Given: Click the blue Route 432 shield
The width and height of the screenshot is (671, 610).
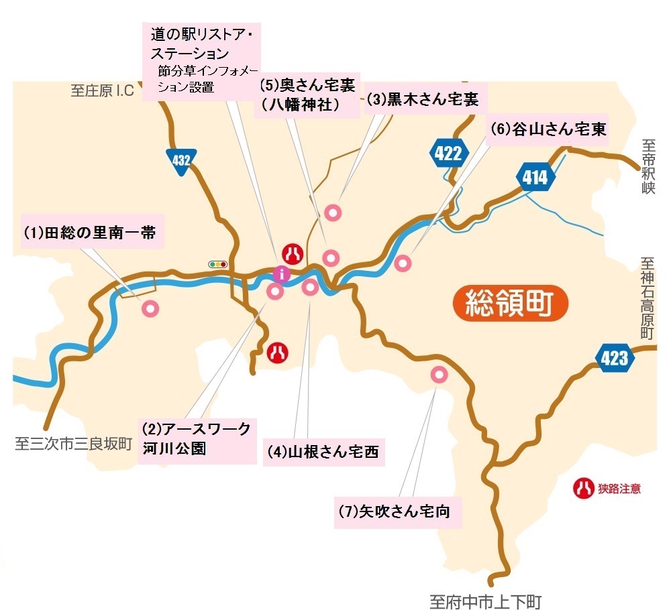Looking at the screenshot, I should pos(181,162).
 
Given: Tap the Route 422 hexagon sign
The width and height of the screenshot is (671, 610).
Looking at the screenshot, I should pos(448,154).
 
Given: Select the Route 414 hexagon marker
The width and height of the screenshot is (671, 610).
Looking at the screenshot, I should pos(535,178).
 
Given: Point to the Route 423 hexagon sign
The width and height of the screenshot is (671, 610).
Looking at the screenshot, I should pos(615,358).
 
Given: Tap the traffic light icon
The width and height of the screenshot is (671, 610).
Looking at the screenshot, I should pos(218,264).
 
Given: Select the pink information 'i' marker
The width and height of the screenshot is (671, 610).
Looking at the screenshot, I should pos(282,273).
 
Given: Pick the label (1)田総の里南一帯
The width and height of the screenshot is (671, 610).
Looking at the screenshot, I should pos(90,233).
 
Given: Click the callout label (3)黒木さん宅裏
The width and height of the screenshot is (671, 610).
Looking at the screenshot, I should pos(423,100).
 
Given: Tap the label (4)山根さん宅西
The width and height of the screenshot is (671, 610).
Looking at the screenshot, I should pos(323,452).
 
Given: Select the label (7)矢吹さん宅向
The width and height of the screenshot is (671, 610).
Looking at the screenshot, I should pos(394,513).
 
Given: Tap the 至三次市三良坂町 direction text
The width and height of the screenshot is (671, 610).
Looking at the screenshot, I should pos(74,444).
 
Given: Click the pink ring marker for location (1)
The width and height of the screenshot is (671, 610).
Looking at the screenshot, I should pos(150,308).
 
